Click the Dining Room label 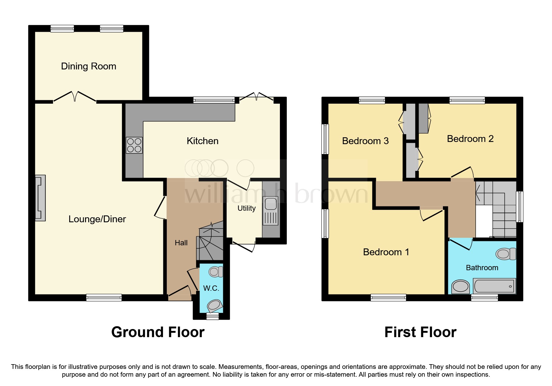89,66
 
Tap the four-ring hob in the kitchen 134,145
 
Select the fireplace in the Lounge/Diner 40,198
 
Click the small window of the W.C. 213,316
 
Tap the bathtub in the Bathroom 494,285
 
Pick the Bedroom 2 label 470,139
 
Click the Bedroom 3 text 365,141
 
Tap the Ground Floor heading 158,332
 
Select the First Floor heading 420,332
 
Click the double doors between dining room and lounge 75,96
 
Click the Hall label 181,243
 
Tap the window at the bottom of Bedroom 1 388,298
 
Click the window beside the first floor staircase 520,206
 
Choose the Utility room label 247,208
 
